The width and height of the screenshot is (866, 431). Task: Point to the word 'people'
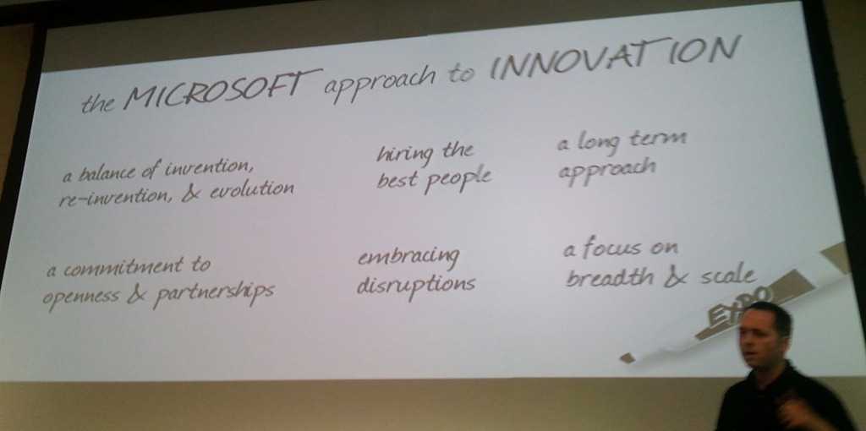pyautogui.click(x=458, y=179)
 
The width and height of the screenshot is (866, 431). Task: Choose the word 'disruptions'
pyautogui.click(x=415, y=284)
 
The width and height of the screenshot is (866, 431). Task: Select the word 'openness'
pyautogui.click(x=80, y=296)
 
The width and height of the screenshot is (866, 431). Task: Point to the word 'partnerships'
pyautogui.click(x=213, y=292)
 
